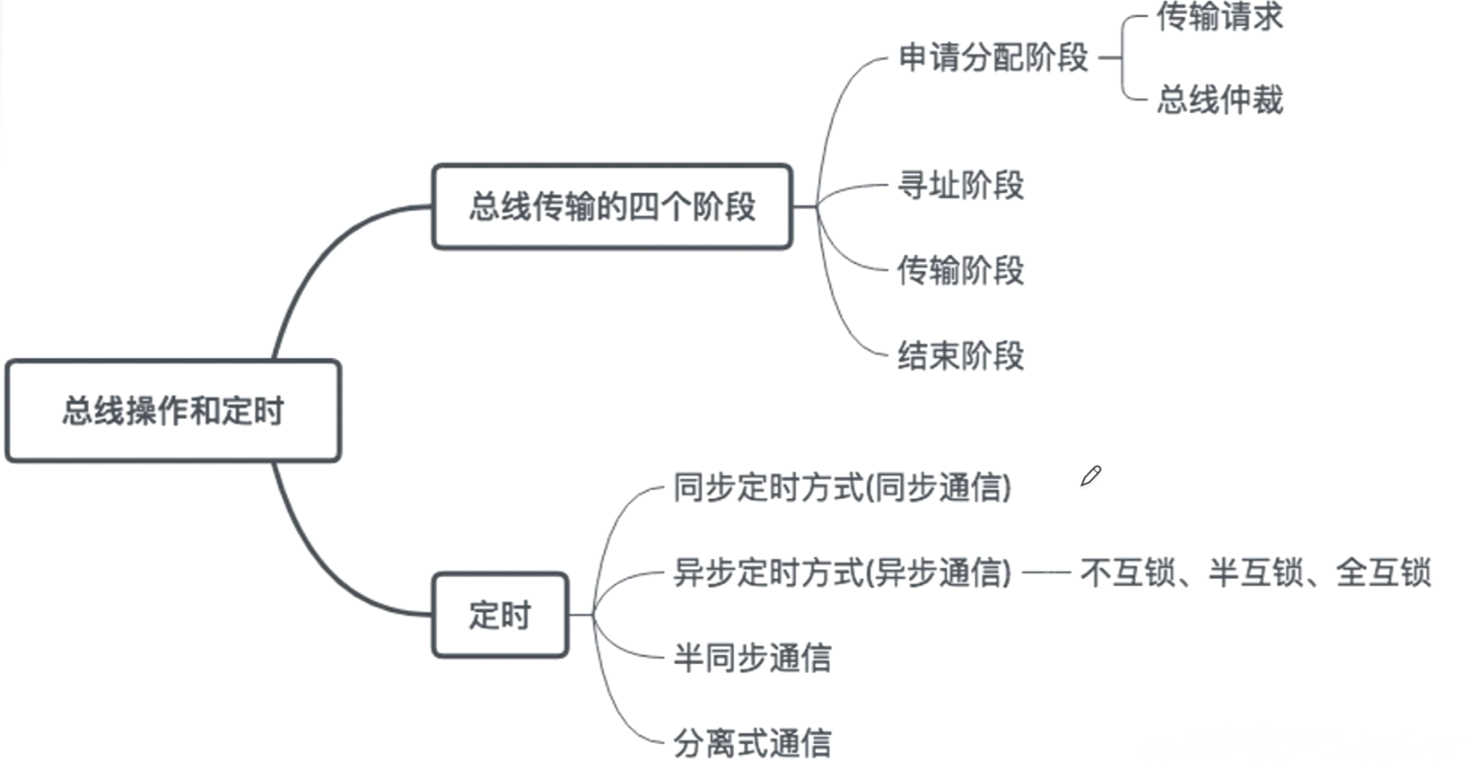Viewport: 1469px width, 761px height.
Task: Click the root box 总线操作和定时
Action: coord(173,411)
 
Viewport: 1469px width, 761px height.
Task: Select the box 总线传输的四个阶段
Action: coord(612,206)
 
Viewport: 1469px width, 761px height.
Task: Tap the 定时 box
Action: coord(500,616)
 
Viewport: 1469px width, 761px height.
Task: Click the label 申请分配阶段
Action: coord(993,58)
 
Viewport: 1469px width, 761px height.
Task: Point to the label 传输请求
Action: coord(1220,17)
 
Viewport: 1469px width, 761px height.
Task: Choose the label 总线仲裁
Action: coord(1220,100)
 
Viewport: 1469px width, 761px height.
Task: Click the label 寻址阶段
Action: coord(961,186)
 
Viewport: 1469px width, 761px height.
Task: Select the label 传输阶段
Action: coord(961,270)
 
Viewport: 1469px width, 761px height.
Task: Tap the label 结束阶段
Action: coord(961,355)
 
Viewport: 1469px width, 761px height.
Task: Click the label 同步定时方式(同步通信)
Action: coord(842,487)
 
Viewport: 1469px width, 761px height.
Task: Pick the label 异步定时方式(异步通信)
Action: coord(842,572)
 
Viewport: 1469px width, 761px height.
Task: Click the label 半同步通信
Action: coord(752,658)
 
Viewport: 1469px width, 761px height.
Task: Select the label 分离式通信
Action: coord(752,743)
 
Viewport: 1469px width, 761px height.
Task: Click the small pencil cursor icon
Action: coord(1090,477)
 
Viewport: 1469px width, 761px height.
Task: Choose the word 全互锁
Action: coord(1383,572)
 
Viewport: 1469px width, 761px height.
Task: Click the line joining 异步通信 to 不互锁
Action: coord(1046,572)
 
